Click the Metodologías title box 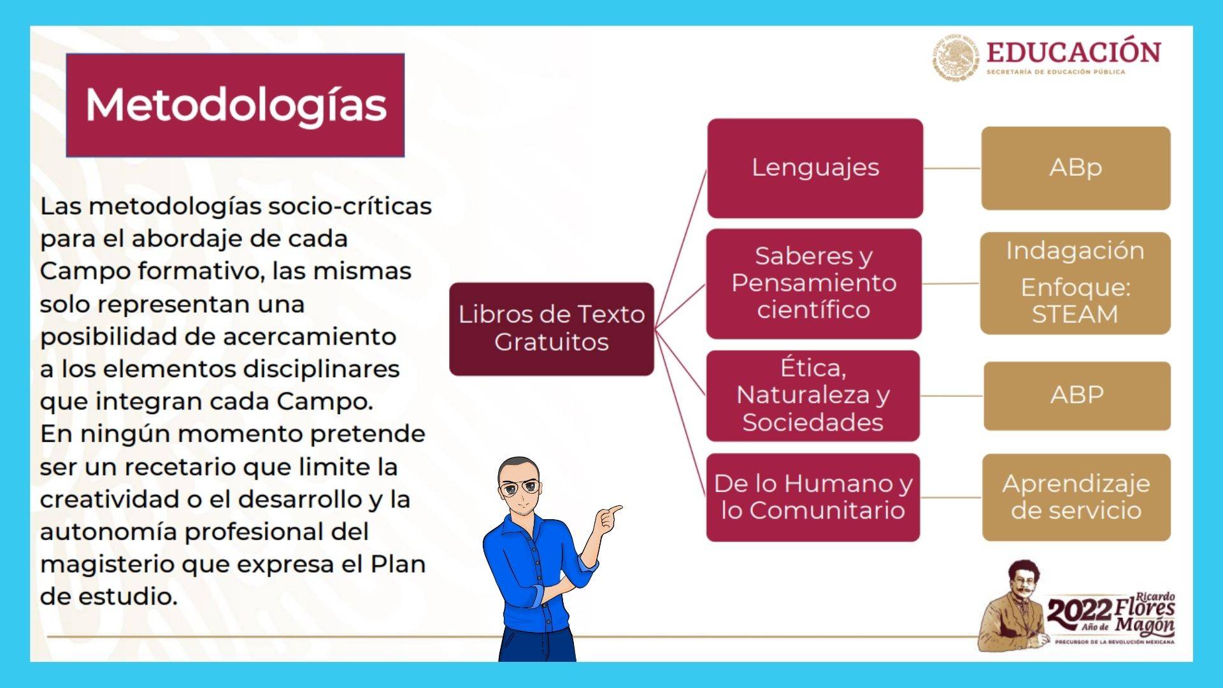coord(235,105)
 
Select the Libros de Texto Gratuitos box coord(552,329)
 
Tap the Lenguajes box coord(815,168)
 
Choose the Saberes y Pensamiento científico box coord(814,283)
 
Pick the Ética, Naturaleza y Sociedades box coord(813,396)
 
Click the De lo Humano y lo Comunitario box coord(813,498)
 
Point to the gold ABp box coord(1076,168)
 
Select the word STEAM coord(1075,315)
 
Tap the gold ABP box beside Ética coord(1077,396)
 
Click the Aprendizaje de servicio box coord(1076,498)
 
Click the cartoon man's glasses coord(520,489)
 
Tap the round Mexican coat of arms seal coord(957,59)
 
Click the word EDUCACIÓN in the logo coord(1074,52)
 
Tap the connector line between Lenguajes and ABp coord(952,168)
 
